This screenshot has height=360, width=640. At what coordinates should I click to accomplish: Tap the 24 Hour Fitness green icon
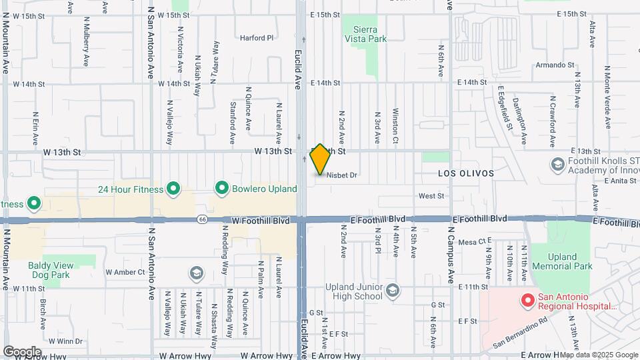click(173, 189)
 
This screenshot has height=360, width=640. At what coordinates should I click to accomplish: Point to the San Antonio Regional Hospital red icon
click(527, 301)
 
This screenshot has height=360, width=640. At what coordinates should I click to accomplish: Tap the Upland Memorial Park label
click(570, 261)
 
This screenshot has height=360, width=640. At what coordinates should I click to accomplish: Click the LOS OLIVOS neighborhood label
click(466, 173)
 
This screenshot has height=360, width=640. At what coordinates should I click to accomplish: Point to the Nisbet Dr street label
click(342, 175)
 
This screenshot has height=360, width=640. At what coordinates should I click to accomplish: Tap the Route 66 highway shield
click(201, 219)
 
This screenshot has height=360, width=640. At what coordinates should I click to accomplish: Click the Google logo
click(22, 351)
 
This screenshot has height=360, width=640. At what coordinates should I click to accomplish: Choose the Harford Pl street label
click(257, 38)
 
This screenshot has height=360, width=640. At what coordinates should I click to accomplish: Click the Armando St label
click(555, 65)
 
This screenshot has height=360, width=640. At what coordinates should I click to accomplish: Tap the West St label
click(431, 196)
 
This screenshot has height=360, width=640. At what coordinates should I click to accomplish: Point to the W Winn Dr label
click(64, 341)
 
